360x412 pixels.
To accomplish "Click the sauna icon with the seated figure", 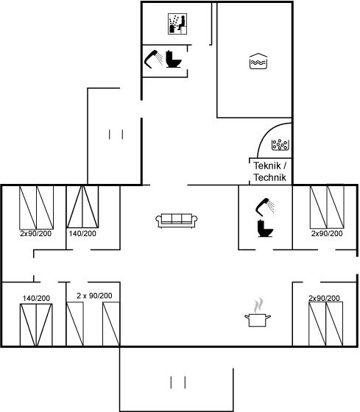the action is click(x=177, y=24).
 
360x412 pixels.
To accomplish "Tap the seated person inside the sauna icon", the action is click(x=182, y=23).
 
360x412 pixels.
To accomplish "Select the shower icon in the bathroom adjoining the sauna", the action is click(x=154, y=59).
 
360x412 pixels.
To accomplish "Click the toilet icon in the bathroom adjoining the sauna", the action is click(x=174, y=60).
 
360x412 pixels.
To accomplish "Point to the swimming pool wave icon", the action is click(x=258, y=62).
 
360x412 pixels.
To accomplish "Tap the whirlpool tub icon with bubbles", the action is click(x=280, y=145).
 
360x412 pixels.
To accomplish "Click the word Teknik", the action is click(x=267, y=166).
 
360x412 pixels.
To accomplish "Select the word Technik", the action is click(x=270, y=177).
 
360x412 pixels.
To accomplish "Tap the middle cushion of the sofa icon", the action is click(x=177, y=219).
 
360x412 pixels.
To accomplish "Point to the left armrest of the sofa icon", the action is click(x=158, y=221).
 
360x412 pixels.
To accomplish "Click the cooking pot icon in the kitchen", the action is click(x=258, y=320).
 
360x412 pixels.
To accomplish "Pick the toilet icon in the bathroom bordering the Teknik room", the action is click(x=265, y=228).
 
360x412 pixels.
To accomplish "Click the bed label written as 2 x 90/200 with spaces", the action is click(x=94, y=296).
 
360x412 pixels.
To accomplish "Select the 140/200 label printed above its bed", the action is click(x=36, y=299).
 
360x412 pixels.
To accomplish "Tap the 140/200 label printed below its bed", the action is click(x=82, y=234).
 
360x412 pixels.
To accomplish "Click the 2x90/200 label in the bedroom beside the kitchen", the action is click(x=324, y=298).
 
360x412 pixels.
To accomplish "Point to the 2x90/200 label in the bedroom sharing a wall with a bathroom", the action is click(x=327, y=234).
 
